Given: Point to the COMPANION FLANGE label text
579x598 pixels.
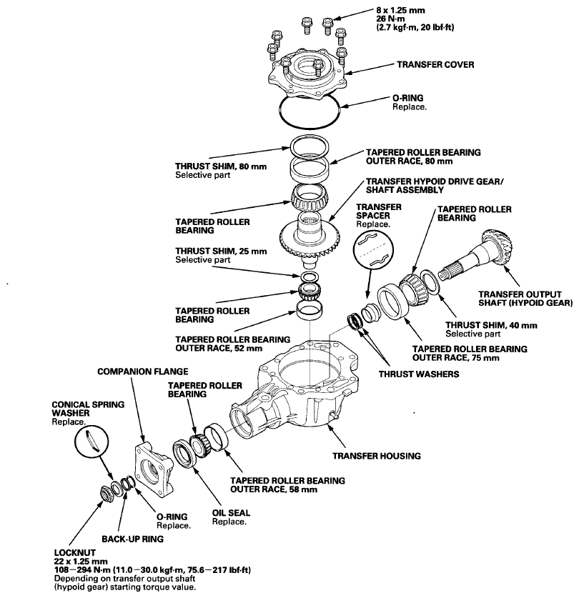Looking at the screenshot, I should pyautogui.click(x=142, y=372).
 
